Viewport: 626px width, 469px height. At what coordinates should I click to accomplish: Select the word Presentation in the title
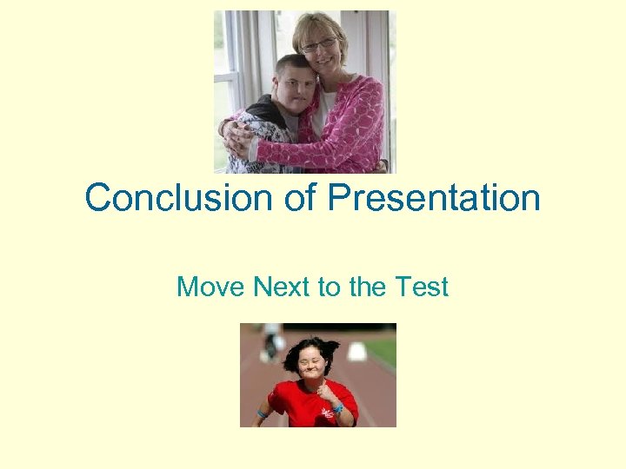(434, 198)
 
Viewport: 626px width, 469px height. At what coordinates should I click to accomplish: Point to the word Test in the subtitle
(422, 286)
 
